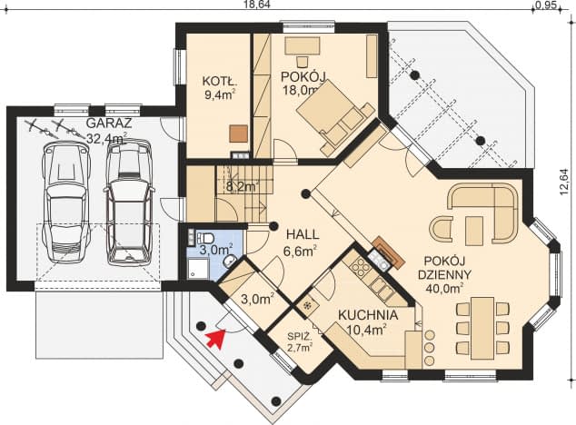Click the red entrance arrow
click(214, 340)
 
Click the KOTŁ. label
click(218, 81)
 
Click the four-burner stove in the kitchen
click(361, 267)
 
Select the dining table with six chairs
click(482, 325)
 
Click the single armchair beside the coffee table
click(441, 227)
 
